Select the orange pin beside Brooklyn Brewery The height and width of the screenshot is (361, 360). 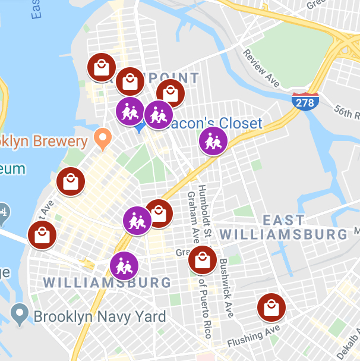(x=103, y=139)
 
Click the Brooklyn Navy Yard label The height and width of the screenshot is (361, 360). (x=100, y=316)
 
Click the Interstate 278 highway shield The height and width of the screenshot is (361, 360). (x=304, y=102)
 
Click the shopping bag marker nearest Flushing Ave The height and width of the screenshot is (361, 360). (x=271, y=308)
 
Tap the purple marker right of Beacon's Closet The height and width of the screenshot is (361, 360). (x=213, y=142)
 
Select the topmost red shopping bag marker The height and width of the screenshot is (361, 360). (x=102, y=68)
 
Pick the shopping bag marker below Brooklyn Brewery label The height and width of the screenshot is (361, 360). (x=71, y=181)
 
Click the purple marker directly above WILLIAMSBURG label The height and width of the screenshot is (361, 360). (x=124, y=265)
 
